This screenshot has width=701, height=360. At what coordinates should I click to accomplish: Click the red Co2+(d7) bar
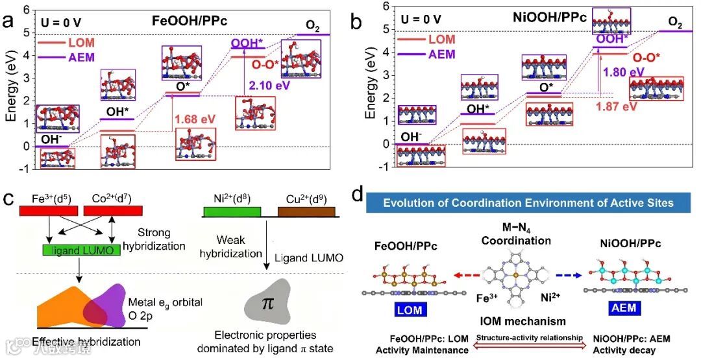(114, 211)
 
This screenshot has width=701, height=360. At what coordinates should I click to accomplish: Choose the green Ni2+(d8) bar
(232, 211)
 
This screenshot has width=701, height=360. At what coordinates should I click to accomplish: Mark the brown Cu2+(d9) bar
(306, 211)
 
